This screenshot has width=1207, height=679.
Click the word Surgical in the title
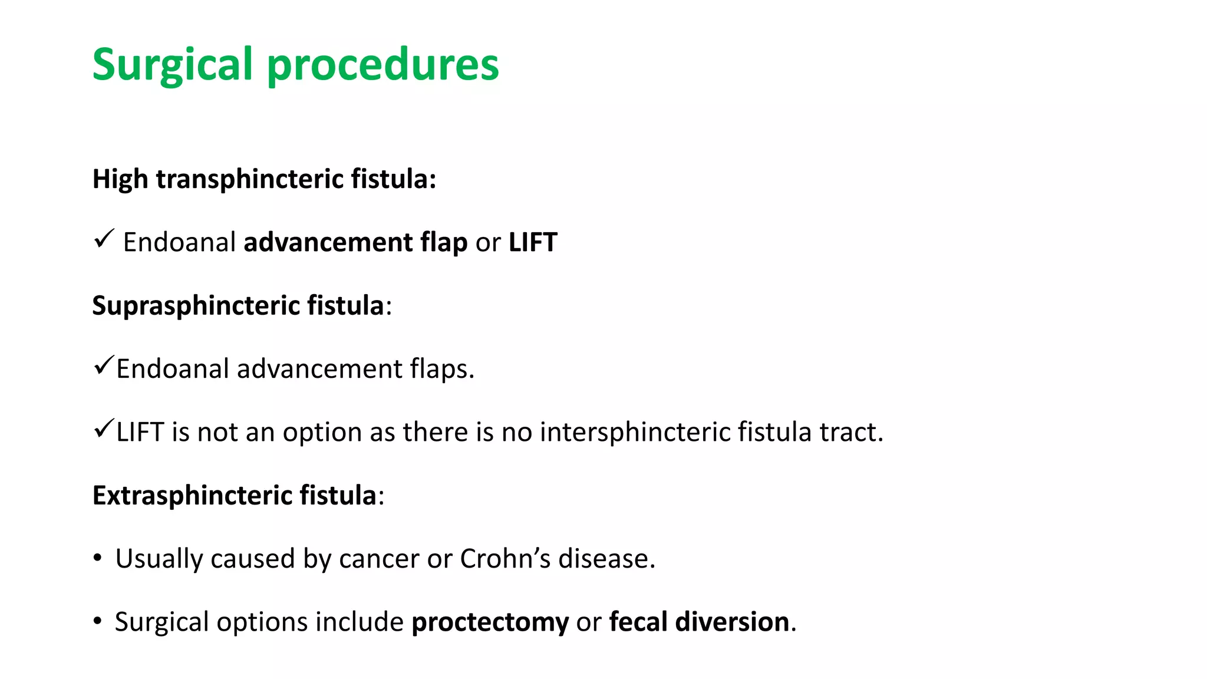click(172, 65)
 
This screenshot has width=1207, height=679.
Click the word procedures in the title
click(383, 65)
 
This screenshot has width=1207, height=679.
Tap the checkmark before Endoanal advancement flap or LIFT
click(103, 239)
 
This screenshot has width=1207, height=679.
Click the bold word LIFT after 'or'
click(533, 243)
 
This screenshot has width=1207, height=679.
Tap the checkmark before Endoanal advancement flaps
click(103, 366)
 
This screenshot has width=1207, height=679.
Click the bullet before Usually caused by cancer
click(98, 558)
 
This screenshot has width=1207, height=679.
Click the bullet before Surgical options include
click(98, 621)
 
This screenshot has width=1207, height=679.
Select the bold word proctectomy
click(490, 622)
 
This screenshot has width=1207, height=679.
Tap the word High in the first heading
click(120, 179)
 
